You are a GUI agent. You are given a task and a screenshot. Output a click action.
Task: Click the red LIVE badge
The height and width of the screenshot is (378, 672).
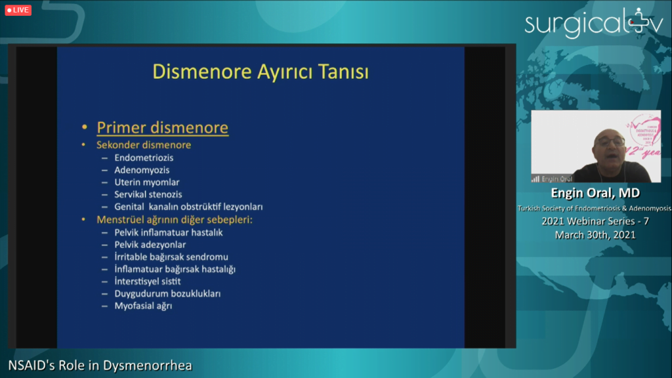pos(18,10)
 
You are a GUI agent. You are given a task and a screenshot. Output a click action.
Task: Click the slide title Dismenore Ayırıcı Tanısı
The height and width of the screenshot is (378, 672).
pos(261,72)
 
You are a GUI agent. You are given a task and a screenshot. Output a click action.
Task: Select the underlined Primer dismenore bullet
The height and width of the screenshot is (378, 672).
pos(163,127)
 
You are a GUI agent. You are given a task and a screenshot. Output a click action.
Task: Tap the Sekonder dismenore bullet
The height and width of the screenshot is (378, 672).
pos(144,145)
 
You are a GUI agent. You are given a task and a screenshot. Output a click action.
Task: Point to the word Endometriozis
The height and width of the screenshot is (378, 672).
pos(144,157)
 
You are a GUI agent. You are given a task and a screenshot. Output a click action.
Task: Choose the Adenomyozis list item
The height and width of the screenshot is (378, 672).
pos(142,170)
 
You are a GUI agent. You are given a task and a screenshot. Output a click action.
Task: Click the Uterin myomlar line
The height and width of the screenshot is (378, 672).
pos(147,182)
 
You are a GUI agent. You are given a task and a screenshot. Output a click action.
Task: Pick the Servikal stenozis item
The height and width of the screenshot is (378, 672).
pos(148,194)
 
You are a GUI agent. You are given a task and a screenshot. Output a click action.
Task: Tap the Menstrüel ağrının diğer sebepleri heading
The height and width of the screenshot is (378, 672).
pos(175,219)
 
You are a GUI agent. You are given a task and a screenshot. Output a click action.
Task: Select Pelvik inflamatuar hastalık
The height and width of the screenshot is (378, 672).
pos(169,232)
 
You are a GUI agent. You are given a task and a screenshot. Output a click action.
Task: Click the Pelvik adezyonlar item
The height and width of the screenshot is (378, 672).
pos(150,245)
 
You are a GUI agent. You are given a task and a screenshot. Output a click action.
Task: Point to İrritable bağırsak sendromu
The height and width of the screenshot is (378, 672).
pos(171,257)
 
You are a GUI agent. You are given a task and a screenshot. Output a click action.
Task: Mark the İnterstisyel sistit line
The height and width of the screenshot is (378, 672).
pos(148,281)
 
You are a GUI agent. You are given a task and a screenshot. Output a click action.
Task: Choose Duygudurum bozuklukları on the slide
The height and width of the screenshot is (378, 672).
pos(167,293)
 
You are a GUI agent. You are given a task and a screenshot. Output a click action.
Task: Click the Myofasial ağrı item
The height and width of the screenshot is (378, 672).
pos(143,306)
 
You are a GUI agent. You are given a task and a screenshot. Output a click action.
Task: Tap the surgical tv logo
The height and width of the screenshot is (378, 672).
pos(594,23)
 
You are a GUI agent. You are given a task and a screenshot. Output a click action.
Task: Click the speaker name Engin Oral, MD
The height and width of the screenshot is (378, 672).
pos(595,193)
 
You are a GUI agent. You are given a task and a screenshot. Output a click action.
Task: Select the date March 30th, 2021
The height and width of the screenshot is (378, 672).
pos(595,235)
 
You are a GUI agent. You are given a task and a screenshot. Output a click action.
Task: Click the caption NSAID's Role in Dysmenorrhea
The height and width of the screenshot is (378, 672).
pos(100,365)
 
